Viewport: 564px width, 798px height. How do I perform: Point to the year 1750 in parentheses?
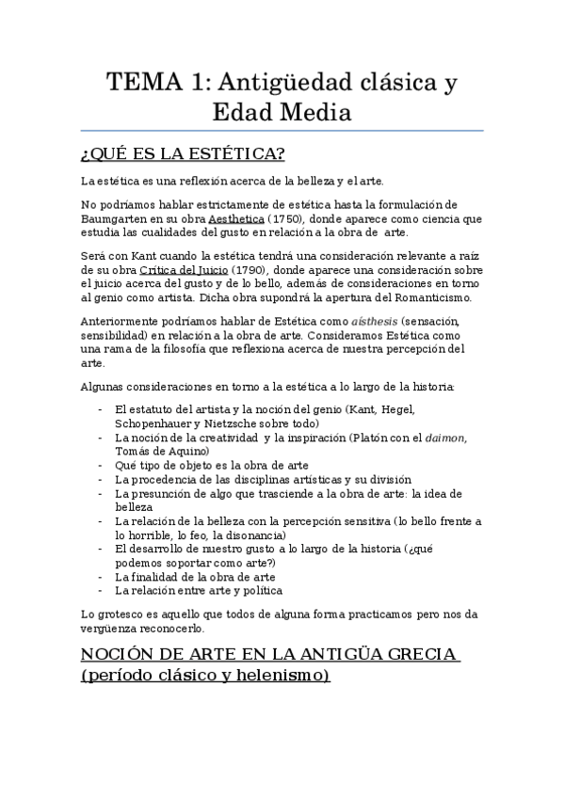coord(301,219)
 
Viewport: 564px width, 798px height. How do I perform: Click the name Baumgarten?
coord(120,219)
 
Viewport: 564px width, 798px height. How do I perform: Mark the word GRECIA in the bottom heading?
coord(411,652)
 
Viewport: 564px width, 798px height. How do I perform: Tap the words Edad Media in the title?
coord(282,114)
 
